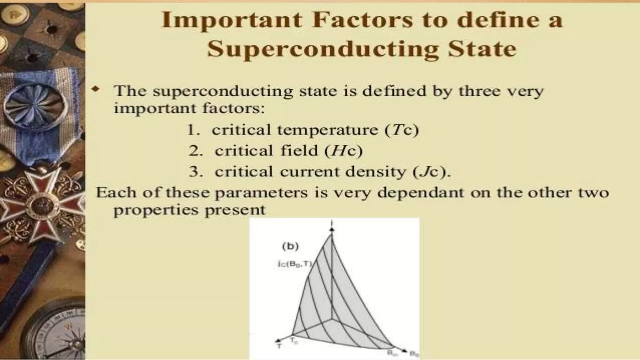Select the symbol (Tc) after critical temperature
point(402,130)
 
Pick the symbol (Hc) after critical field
point(343,151)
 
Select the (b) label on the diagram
point(290,246)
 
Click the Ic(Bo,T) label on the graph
point(295,264)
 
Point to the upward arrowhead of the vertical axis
point(332,229)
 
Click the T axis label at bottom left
point(279,346)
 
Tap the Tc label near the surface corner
point(294,341)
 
